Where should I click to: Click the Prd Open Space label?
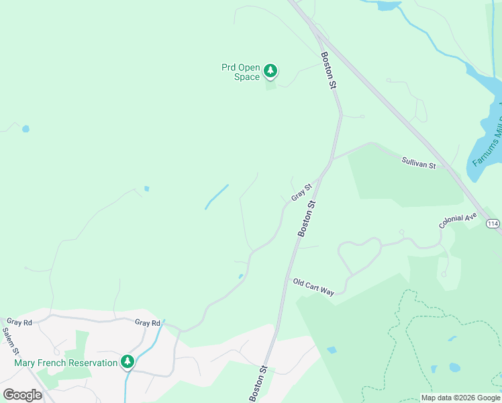pos(240,72)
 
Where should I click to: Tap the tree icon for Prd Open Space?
pos(270,71)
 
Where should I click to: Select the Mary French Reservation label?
pos(66,363)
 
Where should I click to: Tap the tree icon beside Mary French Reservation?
pos(128,362)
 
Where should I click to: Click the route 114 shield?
pos(493,223)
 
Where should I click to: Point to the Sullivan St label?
pos(419,162)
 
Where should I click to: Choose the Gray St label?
pos(302,192)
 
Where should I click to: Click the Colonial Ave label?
pos(458,221)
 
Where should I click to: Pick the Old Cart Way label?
pos(313,287)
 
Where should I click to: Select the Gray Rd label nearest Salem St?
pos(19,322)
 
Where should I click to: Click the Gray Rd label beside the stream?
pos(147,323)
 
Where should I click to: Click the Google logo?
pos(22,395)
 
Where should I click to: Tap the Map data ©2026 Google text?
pos(461,398)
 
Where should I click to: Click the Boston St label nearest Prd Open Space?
pos(328,71)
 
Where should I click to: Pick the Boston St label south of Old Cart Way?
pos(258,384)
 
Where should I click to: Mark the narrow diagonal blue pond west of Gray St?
pos(217,196)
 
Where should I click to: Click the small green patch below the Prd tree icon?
pos(270,85)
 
